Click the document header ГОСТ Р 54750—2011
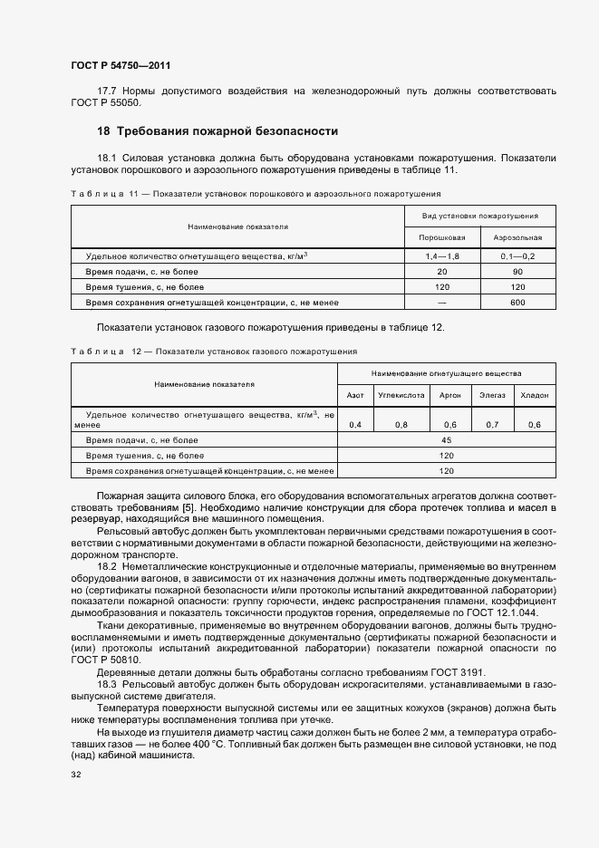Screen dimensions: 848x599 point(120,66)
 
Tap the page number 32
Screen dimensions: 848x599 point(76,775)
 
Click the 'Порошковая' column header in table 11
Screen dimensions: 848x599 point(441,237)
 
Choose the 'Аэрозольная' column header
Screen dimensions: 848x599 point(517,237)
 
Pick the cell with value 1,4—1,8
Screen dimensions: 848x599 point(442,257)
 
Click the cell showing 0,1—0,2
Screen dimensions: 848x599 point(517,257)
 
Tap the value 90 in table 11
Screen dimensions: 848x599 point(517,272)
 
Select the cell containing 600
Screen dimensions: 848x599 point(517,302)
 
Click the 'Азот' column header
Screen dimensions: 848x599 point(355,396)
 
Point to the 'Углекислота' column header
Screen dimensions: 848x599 point(400,396)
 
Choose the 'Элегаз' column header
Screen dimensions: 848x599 point(492,396)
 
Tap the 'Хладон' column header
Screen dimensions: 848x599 point(535,396)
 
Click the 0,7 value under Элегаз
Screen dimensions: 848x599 point(492,424)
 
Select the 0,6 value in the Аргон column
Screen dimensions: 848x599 point(449,424)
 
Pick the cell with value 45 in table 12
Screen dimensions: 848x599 point(446,439)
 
